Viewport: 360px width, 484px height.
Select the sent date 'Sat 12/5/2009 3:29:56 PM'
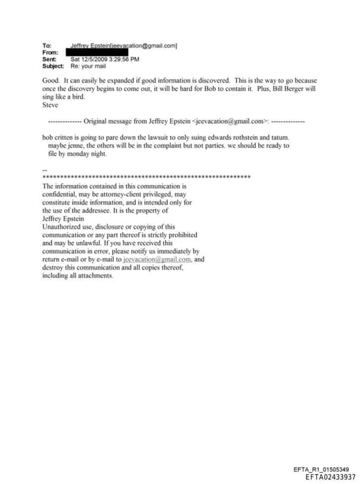105,59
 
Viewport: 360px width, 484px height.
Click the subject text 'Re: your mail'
88,65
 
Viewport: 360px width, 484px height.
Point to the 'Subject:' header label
53,65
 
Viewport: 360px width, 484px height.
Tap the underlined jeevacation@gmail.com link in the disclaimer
157,259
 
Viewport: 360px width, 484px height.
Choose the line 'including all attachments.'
77,275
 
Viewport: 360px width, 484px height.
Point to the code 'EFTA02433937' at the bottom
326,476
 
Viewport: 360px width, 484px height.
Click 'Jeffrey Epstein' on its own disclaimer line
63,219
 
